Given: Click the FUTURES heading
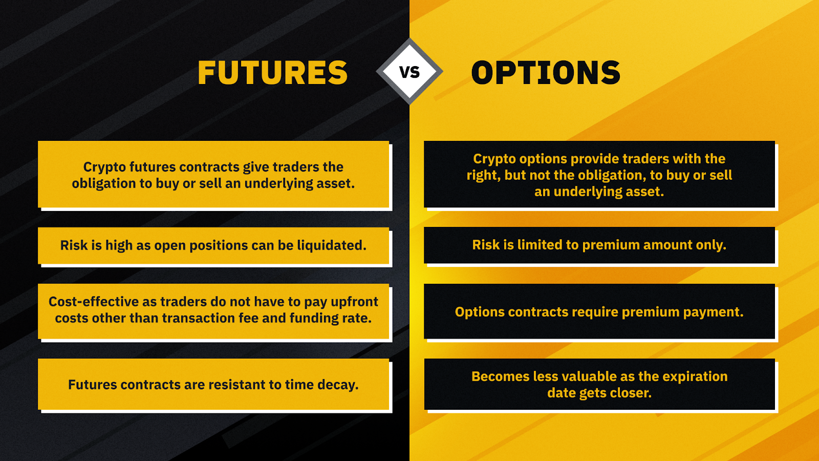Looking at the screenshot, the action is [x=272, y=72].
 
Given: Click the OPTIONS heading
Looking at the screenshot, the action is [x=546, y=72].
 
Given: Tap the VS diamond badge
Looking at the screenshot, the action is [x=409, y=71].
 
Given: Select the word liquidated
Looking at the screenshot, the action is [x=332, y=245].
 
